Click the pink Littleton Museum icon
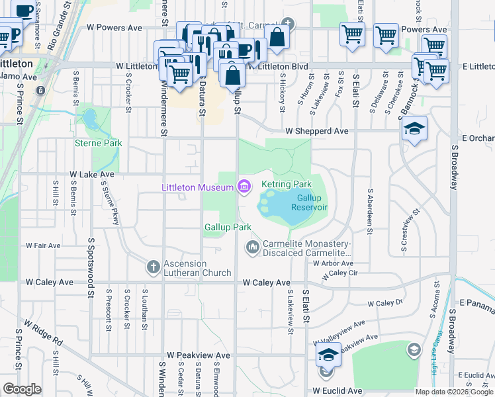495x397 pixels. point(244,187)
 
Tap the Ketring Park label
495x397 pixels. point(286,184)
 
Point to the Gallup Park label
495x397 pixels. point(228,227)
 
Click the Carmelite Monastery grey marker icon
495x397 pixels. point(252,247)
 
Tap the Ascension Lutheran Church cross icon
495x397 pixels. point(153,267)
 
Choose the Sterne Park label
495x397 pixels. point(99,143)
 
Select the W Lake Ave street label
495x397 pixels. point(92,175)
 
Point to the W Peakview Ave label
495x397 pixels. point(199,355)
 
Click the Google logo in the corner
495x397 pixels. point(22,389)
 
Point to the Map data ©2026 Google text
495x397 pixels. point(454,392)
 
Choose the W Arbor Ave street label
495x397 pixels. point(329,263)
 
